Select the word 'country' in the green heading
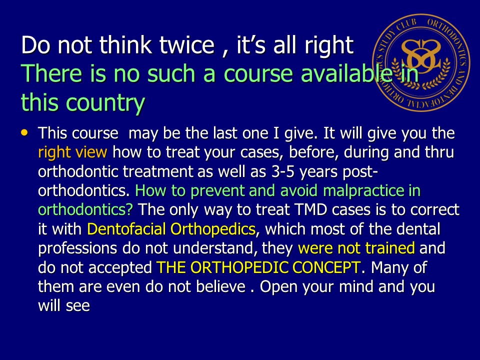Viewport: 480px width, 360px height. [x=105, y=103]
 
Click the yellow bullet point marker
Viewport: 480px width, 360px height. [x=24, y=132]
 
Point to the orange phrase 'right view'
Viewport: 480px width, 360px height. [x=72, y=152]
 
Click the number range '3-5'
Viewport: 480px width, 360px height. [x=282, y=171]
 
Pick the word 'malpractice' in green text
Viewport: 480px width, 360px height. [x=363, y=190]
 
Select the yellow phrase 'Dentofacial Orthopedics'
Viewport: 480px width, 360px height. [x=171, y=229]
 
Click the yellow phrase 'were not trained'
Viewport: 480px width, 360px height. [x=356, y=248]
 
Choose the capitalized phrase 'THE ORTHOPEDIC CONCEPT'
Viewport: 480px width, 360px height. [x=258, y=267]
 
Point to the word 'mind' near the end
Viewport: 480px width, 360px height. [x=356, y=286]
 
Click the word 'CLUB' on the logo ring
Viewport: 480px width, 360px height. [x=407, y=25]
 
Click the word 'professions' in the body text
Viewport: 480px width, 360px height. [x=77, y=248]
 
